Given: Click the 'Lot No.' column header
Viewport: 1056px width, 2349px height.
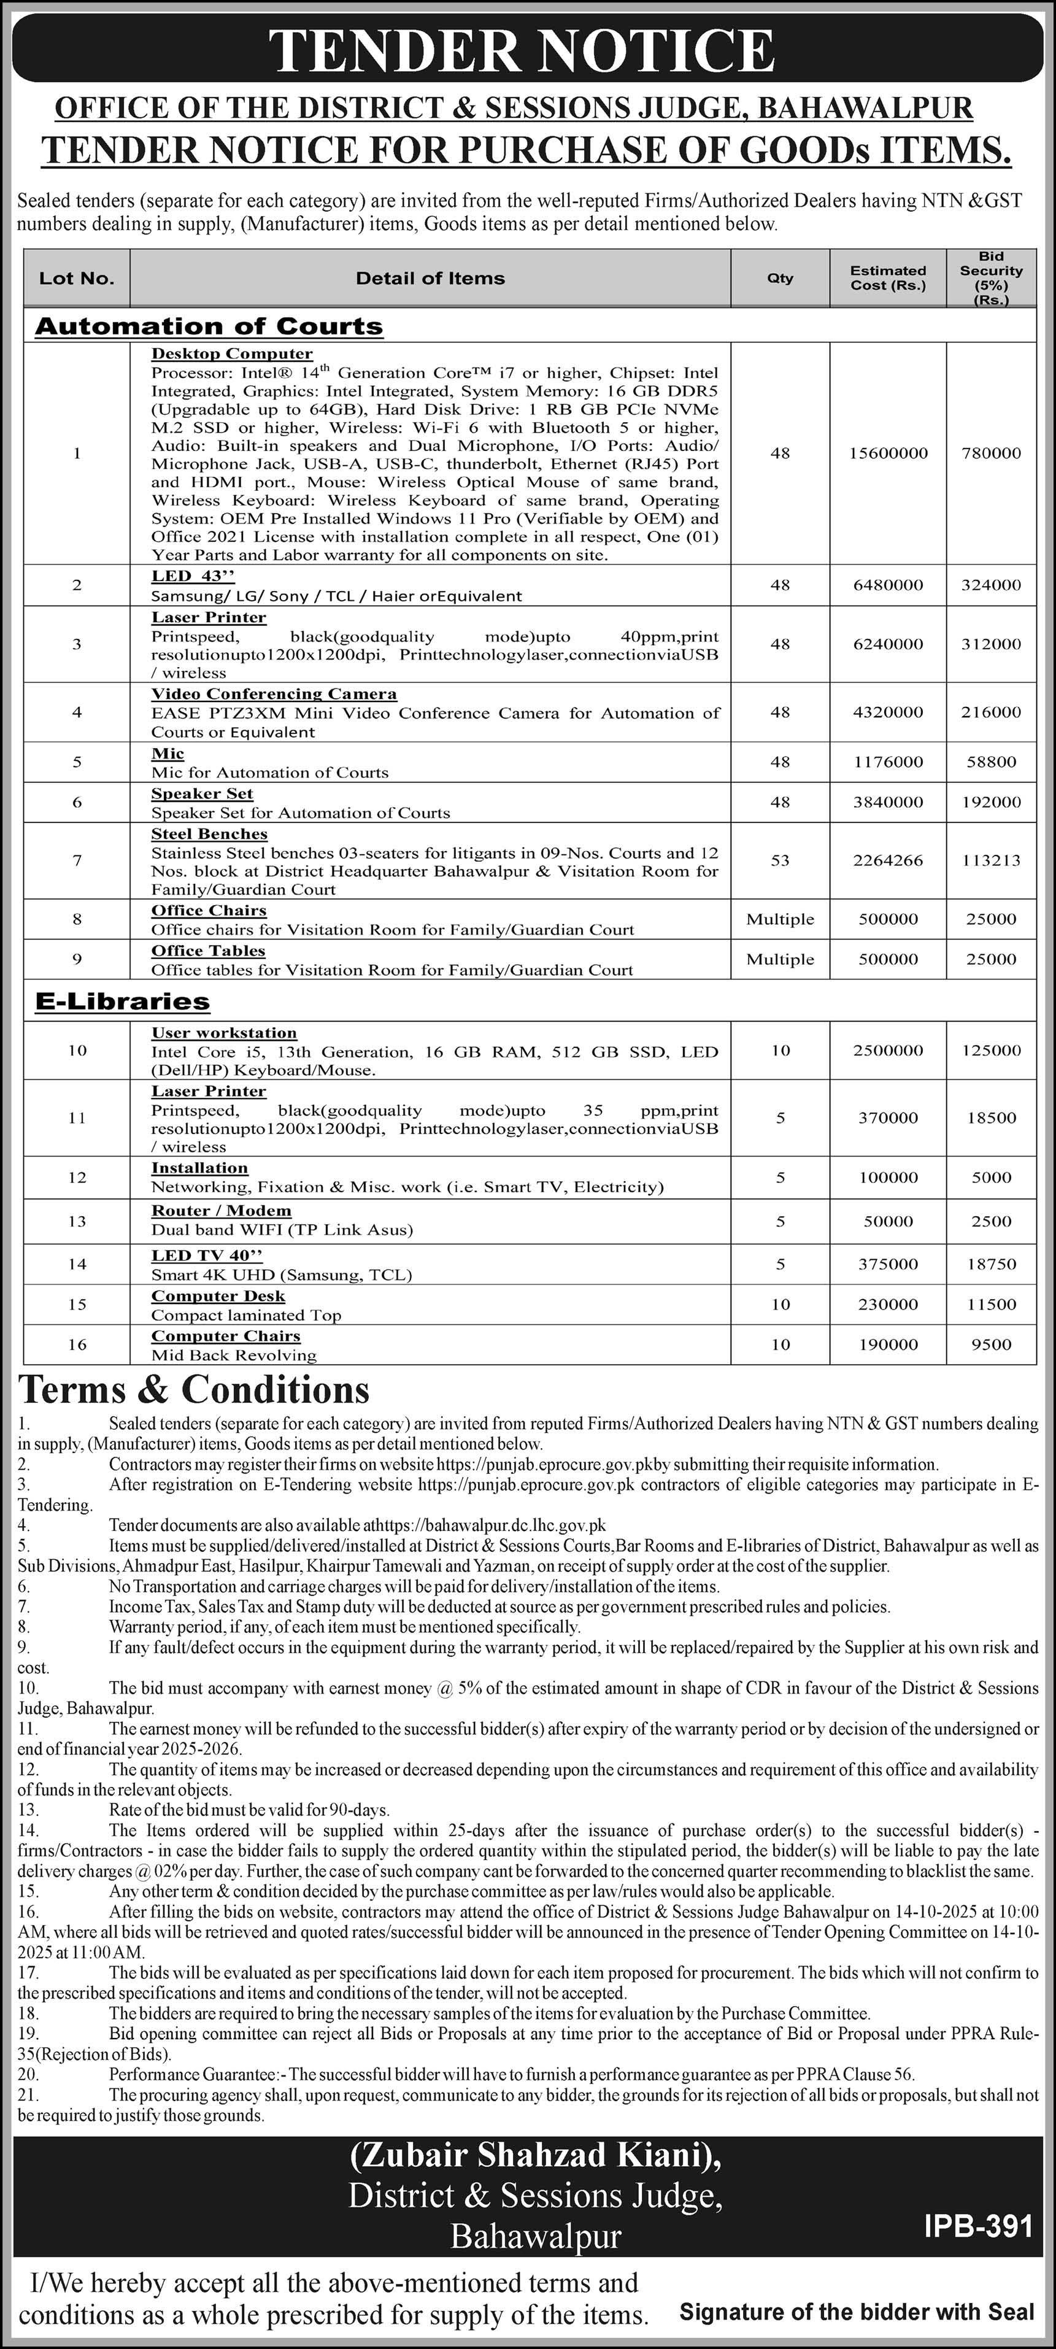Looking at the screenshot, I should point(77,278).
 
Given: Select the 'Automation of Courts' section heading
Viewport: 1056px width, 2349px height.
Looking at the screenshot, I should point(209,326).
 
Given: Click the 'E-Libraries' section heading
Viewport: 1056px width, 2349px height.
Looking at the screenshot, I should point(122,1001).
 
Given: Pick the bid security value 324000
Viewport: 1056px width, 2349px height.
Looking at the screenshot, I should point(990,585).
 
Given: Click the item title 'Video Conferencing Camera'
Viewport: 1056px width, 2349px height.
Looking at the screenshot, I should point(274,694).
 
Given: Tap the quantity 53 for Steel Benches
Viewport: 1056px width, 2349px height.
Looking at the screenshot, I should point(780,860).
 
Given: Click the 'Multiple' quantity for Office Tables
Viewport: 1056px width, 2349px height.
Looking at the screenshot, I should point(780,959).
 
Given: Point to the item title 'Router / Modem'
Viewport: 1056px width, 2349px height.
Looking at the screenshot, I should point(221,1211).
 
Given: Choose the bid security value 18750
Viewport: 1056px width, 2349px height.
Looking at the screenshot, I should point(990,1264).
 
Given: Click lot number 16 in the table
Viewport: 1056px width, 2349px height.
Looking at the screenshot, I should point(77,1344).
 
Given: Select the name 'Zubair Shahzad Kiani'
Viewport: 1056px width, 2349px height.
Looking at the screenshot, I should point(534,2156).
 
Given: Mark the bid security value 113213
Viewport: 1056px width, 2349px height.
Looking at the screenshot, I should point(990,860).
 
